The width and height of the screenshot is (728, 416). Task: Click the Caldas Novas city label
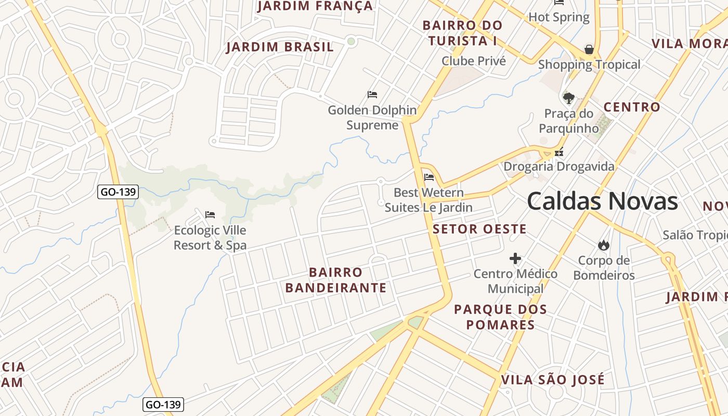coord(602,201)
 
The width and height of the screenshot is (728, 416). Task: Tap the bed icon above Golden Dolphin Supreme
coord(372,95)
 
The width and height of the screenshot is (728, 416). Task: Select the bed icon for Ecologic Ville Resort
coord(210,214)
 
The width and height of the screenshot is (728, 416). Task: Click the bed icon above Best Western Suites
coord(429,177)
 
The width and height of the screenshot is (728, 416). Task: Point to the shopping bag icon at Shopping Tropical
coord(589,49)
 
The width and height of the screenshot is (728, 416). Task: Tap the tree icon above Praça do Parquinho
coord(569,98)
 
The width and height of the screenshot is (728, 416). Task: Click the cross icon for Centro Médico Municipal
coord(515,258)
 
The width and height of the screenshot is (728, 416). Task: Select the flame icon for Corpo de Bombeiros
coord(604,245)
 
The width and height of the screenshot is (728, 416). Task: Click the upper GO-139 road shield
coord(118,192)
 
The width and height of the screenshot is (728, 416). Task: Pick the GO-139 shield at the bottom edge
coord(163,405)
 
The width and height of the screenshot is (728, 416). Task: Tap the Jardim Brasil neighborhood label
coord(280,47)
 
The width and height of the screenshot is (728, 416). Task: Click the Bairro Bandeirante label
coord(336,280)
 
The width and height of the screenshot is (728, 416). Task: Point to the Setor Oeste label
coord(479,229)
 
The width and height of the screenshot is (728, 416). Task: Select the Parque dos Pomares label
coord(500,317)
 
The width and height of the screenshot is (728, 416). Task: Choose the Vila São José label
coord(553,380)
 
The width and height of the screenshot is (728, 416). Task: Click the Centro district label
coord(632,108)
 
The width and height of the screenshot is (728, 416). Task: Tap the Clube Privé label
coord(474,61)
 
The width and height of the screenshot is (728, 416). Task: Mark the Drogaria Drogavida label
coord(559,166)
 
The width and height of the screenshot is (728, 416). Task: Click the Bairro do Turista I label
coord(462,32)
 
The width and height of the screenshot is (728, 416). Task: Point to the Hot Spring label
coord(559,17)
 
